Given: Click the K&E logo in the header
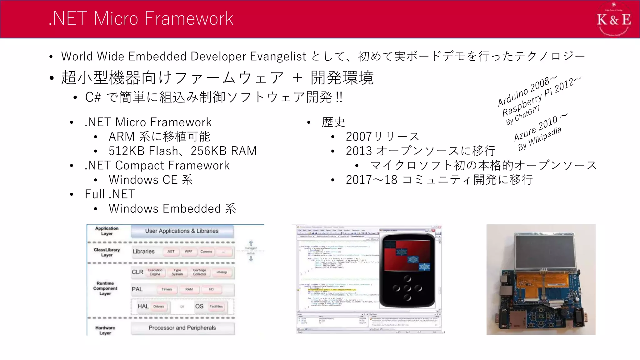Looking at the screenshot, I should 614,19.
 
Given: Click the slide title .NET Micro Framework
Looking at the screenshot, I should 141,18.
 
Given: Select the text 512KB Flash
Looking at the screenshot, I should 143,151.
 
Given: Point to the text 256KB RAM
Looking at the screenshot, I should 223,151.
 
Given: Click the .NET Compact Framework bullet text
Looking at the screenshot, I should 157,165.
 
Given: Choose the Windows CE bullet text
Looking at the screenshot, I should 151,180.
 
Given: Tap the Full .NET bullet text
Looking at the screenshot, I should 110,194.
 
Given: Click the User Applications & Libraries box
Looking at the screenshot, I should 182,231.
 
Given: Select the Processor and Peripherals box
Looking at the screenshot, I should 182,328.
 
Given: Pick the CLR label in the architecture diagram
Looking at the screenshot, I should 137,272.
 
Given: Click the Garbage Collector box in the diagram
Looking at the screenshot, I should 199,272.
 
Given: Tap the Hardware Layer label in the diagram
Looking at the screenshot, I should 105,330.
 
